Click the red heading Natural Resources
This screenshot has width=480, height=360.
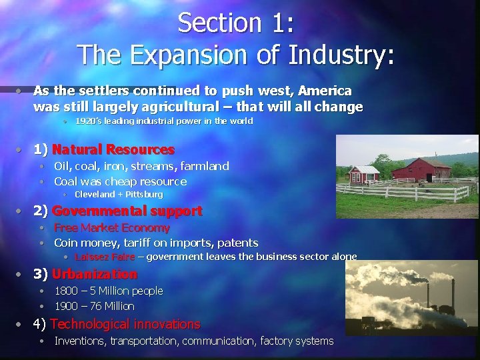[x=113, y=149]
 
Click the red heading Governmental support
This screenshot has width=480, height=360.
[x=127, y=211]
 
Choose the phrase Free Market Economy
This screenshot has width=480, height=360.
[x=112, y=228]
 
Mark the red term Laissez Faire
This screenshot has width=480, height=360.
[x=105, y=257]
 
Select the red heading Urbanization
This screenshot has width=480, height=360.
[x=94, y=274]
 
